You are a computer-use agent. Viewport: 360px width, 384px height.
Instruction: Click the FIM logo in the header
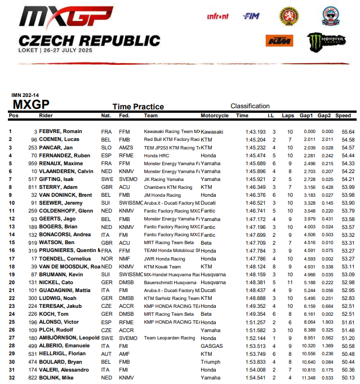click(x=251, y=16)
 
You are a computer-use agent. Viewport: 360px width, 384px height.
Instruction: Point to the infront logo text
click(x=217, y=17)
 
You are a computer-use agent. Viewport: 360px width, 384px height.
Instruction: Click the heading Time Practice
click(x=138, y=107)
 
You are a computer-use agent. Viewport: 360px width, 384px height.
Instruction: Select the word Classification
click(x=250, y=106)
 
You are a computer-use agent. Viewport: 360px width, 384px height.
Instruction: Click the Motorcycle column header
click(x=215, y=116)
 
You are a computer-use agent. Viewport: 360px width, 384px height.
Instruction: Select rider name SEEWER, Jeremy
click(x=64, y=202)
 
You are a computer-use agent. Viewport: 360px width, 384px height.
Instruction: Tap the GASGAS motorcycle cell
click(x=211, y=345)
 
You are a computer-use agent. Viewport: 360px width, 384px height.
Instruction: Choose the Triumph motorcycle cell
click(x=211, y=361)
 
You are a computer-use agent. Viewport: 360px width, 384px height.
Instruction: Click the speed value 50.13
click(x=347, y=377)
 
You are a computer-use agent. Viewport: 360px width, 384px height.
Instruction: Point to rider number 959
click(x=32, y=163)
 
